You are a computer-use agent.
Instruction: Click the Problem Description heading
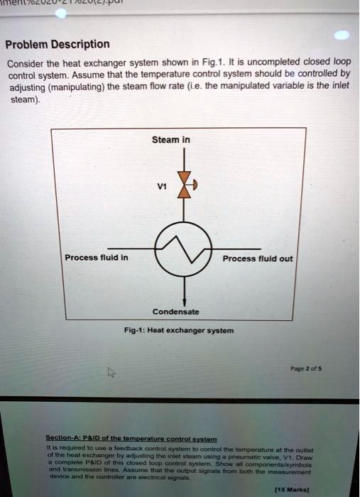[x=58, y=44]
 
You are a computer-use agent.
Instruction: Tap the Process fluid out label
[x=257, y=258]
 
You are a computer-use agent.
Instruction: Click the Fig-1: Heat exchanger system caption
[x=184, y=331]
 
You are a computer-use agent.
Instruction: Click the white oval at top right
[x=341, y=35]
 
